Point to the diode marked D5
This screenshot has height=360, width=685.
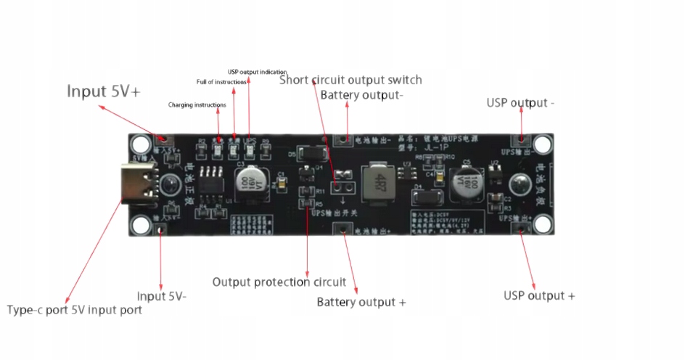tap(310, 154)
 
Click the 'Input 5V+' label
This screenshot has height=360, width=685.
tap(103, 91)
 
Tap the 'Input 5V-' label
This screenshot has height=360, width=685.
tap(162, 296)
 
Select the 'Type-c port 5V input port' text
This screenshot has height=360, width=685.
tap(75, 310)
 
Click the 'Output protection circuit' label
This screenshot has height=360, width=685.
tap(279, 282)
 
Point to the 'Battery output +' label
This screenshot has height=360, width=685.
tap(361, 302)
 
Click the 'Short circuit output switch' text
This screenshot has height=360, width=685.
tap(350, 80)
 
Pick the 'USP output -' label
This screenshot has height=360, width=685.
tap(520, 103)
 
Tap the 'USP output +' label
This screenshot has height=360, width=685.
tap(539, 295)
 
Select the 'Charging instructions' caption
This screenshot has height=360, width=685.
tap(197, 105)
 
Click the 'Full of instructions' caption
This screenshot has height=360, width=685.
tap(221, 82)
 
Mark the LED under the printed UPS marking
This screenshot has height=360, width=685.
tap(250, 150)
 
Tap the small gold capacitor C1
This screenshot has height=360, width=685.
tap(273, 187)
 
